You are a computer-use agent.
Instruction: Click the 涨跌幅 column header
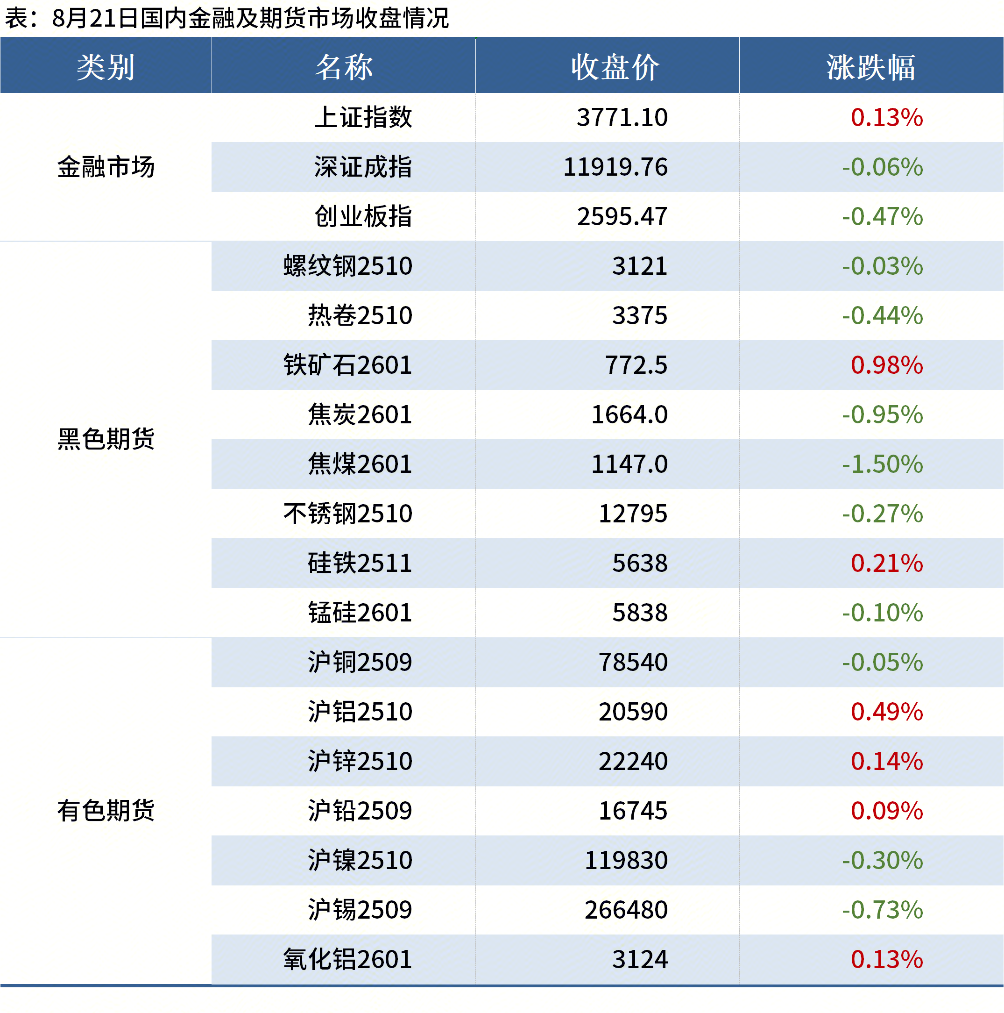(x=870, y=67)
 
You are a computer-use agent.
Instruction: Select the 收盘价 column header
(x=615, y=67)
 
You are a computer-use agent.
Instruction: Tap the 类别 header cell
(x=106, y=67)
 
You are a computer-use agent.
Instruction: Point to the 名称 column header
(x=344, y=67)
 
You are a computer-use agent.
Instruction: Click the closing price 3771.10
(x=622, y=117)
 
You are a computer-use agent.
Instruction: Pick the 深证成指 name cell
(x=363, y=167)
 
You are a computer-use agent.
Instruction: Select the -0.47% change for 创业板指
(x=882, y=216)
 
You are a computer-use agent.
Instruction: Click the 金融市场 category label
(x=106, y=167)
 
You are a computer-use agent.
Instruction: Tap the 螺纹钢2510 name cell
(x=348, y=266)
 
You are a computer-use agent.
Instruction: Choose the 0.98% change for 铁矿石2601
(x=887, y=365)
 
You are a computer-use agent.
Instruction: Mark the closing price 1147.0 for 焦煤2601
(x=629, y=464)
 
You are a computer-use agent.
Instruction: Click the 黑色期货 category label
(x=106, y=439)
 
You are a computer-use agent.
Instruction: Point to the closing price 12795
(x=632, y=514)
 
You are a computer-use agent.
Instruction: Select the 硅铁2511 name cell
(x=360, y=564)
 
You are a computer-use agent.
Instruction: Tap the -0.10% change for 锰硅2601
(x=882, y=613)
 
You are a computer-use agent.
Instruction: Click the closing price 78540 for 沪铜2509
(x=632, y=663)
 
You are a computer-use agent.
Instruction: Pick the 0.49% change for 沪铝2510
(x=887, y=712)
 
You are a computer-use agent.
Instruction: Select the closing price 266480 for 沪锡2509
(x=626, y=910)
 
